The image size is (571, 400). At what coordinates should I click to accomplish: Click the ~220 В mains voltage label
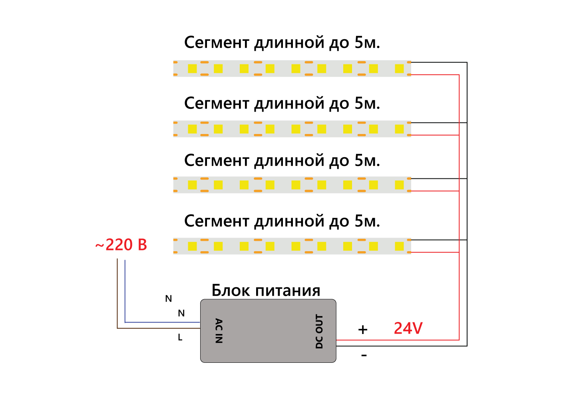point(121,245)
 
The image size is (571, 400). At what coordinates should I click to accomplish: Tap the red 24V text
point(408,328)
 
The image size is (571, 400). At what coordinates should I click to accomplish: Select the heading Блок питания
point(266,290)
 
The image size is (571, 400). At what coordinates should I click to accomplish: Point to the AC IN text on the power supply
point(219,331)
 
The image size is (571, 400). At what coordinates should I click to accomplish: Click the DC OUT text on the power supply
point(319,332)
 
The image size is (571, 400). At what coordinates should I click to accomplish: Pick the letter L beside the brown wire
point(180,338)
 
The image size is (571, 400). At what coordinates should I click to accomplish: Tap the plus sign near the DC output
point(363,330)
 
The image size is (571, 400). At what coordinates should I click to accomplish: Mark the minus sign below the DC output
point(364,355)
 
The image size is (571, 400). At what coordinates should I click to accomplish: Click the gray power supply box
point(268,331)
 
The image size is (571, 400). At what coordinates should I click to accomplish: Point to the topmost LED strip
point(292,68)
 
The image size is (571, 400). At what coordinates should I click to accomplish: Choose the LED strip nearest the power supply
point(292,246)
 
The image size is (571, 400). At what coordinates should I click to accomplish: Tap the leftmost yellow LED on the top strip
point(192,68)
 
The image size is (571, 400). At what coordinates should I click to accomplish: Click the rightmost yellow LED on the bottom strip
point(399,246)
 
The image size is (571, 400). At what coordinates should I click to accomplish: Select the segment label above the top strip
point(282,42)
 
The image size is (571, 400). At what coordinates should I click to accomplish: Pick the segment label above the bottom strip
point(282,221)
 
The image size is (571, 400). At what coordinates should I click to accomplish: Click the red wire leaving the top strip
point(436,75)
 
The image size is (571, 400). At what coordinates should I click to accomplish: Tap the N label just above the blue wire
point(181,313)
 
